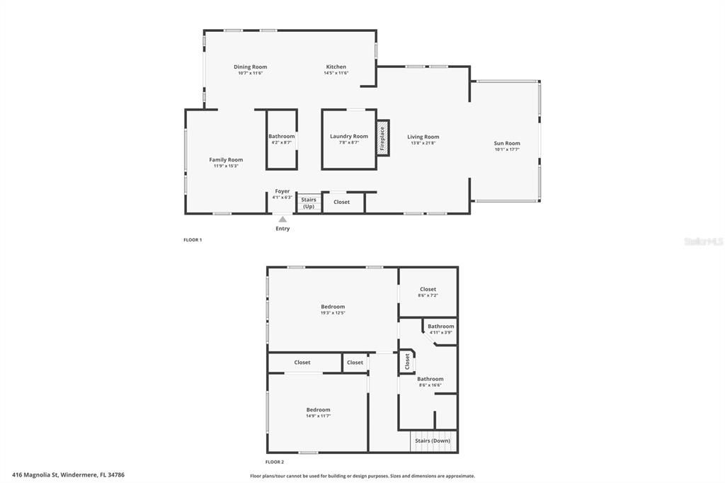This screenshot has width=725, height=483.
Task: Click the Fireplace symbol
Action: [x=383, y=137]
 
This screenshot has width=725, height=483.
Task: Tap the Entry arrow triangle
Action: [x=282, y=220]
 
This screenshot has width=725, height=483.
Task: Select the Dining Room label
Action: [x=251, y=67]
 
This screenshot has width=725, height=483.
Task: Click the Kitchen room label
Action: [x=336, y=67]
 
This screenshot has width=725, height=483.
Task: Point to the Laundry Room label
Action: [x=349, y=136]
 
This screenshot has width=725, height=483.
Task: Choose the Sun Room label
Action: [x=507, y=144]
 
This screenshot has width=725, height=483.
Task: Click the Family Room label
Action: [x=226, y=160]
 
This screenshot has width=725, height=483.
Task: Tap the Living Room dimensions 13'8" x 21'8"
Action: [x=423, y=143]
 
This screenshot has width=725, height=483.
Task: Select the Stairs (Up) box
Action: [x=309, y=203]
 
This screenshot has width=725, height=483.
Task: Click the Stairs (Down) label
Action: [x=433, y=441]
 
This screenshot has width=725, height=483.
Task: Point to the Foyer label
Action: [x=282, y=191]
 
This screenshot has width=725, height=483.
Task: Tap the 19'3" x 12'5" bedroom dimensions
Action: [x=333, y=313]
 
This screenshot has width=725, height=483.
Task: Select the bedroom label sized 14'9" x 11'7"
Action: [x=318, y=410]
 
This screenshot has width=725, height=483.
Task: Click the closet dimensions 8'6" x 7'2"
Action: [x=428, y=295]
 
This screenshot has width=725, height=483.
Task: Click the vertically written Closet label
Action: [x=407, y=361]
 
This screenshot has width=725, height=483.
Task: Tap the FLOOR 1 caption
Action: [x=193, y=240]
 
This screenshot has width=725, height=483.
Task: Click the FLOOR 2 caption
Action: [x=274, y=462]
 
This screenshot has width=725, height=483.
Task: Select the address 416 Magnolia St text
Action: [x=73, y=475]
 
